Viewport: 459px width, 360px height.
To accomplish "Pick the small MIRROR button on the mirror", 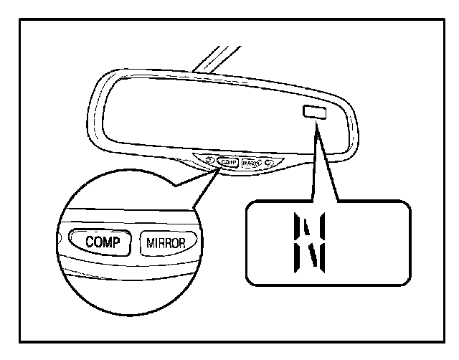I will (251, 163).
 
